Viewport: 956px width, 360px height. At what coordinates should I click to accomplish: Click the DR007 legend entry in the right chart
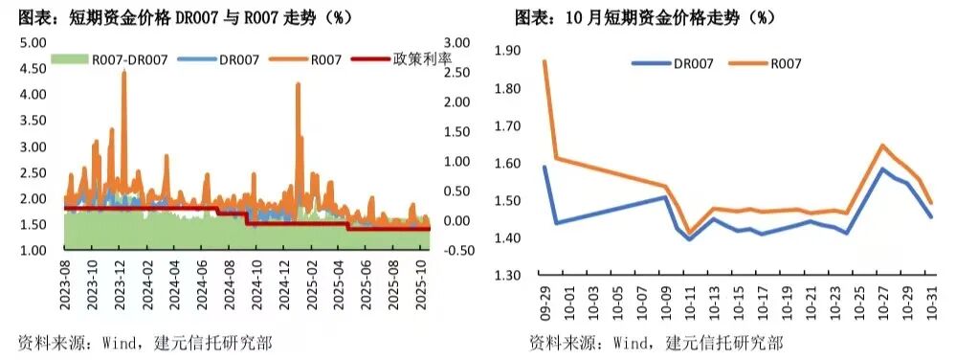(692, 63)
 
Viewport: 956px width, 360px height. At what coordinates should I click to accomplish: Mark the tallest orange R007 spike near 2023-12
(124, 74)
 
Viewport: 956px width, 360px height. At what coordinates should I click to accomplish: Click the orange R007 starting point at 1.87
(545, 61)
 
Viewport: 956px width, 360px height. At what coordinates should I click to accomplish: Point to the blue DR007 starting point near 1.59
(545, 167)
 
